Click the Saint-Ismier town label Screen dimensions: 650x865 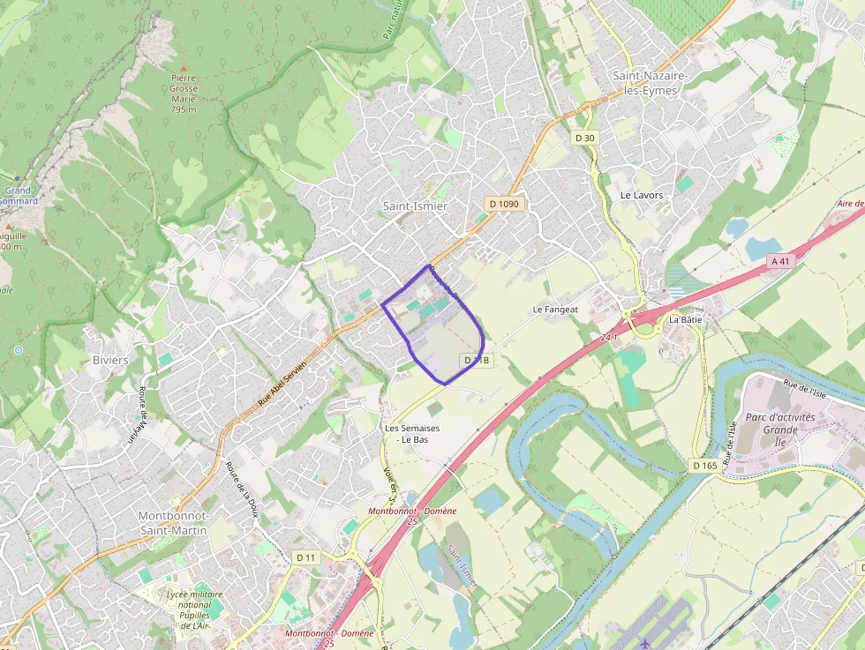[x=414, y=205]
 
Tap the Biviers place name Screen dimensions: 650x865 [x=110, y=360]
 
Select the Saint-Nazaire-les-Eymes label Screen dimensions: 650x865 [x=650, y=83]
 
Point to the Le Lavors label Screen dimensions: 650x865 [x=642, y=195]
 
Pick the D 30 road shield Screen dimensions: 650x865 [x=584, y=138]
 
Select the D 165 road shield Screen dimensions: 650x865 [x=704, y=465]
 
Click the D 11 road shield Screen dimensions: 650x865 [x=305, y=557]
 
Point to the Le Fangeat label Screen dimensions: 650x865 [x=555, y=310]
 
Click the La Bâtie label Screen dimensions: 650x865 [x=685, y=319]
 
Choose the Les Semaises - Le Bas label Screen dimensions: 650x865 [x=411, y=433]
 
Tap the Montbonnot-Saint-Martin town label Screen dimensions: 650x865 [x=174, y=522]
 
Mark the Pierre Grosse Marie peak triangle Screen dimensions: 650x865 [x=184, y=67]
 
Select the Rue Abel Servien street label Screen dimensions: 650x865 [x=282, y=384]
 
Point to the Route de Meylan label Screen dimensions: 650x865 [x=141, y=415]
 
